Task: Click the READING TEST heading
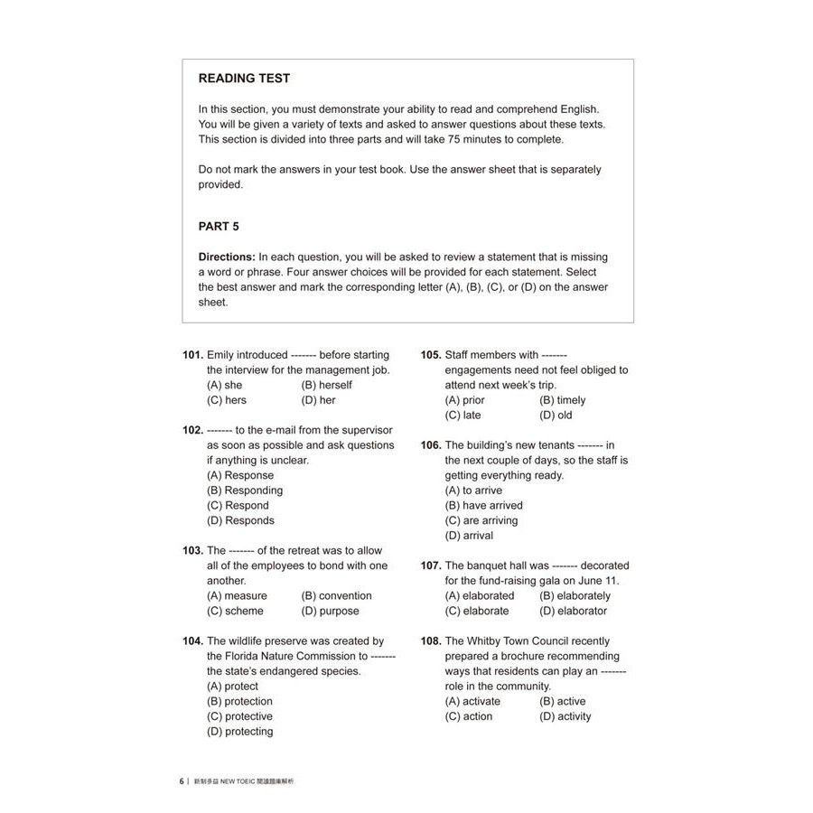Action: [x=244, y=79]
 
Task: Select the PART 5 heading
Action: [x=219, y=227]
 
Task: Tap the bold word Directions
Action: [x=227, y=257]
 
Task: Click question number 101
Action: [x=192, y=355]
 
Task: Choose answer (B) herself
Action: [x=326, y=385]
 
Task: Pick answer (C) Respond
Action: [x=238, y=506]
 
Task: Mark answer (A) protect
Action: [x=232, y=687]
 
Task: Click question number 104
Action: [x=192, y=641]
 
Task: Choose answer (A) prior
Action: [x=464, y=400]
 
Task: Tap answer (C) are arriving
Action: [x=481, y=520]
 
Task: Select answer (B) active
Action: [x=562, y=701]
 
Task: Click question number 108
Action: [x=431, y=641]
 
